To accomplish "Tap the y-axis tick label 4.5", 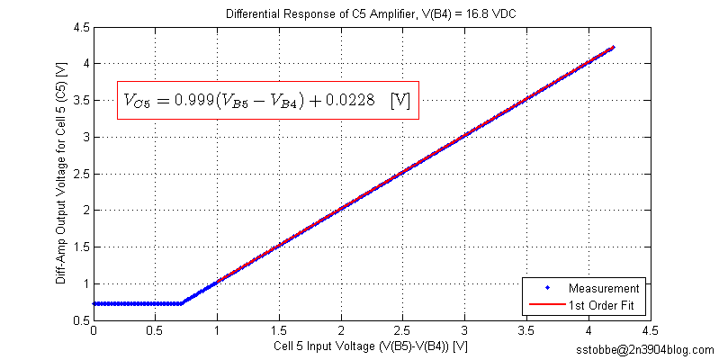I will click(80, 28).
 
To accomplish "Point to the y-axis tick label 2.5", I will click(80, 174).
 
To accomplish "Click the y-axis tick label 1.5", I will click(80, 247).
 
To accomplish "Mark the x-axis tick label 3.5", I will click(588, 331).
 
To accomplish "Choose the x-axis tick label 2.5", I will click(463, 331).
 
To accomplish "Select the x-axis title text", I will click(370, 346).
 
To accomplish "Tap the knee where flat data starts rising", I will click(182, 303).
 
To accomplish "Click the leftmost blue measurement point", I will click(94, 303).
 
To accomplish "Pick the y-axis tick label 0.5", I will click(80, 320).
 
